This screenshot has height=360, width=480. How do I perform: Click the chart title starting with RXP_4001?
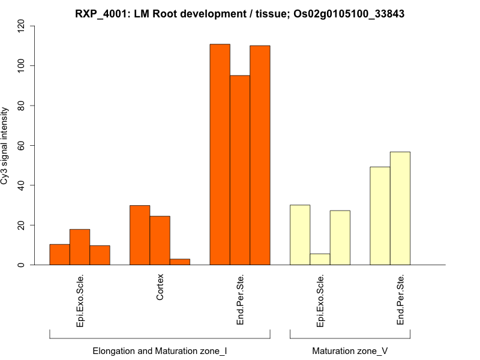(240, 14)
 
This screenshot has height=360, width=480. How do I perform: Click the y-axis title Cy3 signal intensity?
(5, 145)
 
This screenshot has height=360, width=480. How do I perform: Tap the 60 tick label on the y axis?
(22, 145)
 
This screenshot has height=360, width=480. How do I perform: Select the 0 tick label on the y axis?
(22, 265)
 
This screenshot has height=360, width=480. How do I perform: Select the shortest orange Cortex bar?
(180, 262)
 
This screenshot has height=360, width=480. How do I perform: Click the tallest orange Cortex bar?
(140, 235)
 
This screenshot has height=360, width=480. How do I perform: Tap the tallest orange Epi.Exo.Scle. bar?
(80, 247)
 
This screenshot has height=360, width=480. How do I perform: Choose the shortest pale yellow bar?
(320, 259)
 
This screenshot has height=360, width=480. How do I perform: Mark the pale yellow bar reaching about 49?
(380, 215)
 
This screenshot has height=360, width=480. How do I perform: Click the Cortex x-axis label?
(160, 287)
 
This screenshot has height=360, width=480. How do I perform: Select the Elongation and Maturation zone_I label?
(160, 350)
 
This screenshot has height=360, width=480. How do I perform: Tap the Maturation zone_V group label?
(350, 350)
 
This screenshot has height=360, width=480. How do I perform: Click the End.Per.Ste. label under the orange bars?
(240, 300)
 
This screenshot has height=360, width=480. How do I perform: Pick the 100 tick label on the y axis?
(22, 65)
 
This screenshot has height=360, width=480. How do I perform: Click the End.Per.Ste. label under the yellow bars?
(400, 300)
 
